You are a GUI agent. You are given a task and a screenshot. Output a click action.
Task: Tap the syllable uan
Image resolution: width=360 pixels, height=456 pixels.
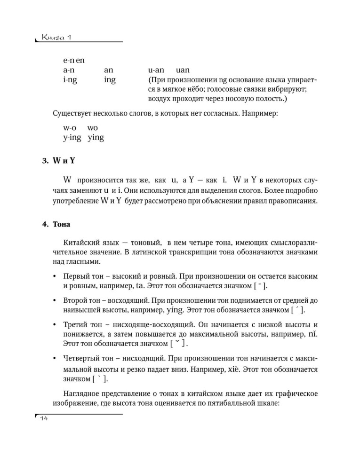(179, 70)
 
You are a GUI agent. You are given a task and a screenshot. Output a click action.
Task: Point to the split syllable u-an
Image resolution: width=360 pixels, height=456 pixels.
(156, 70)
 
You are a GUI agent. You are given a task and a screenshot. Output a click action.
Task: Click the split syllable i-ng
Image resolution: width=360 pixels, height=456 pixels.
(70, 80)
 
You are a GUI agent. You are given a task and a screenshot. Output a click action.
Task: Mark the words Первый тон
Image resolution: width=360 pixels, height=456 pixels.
(84, 276)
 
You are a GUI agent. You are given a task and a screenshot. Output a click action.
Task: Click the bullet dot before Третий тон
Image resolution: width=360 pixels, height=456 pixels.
(56, 325)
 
